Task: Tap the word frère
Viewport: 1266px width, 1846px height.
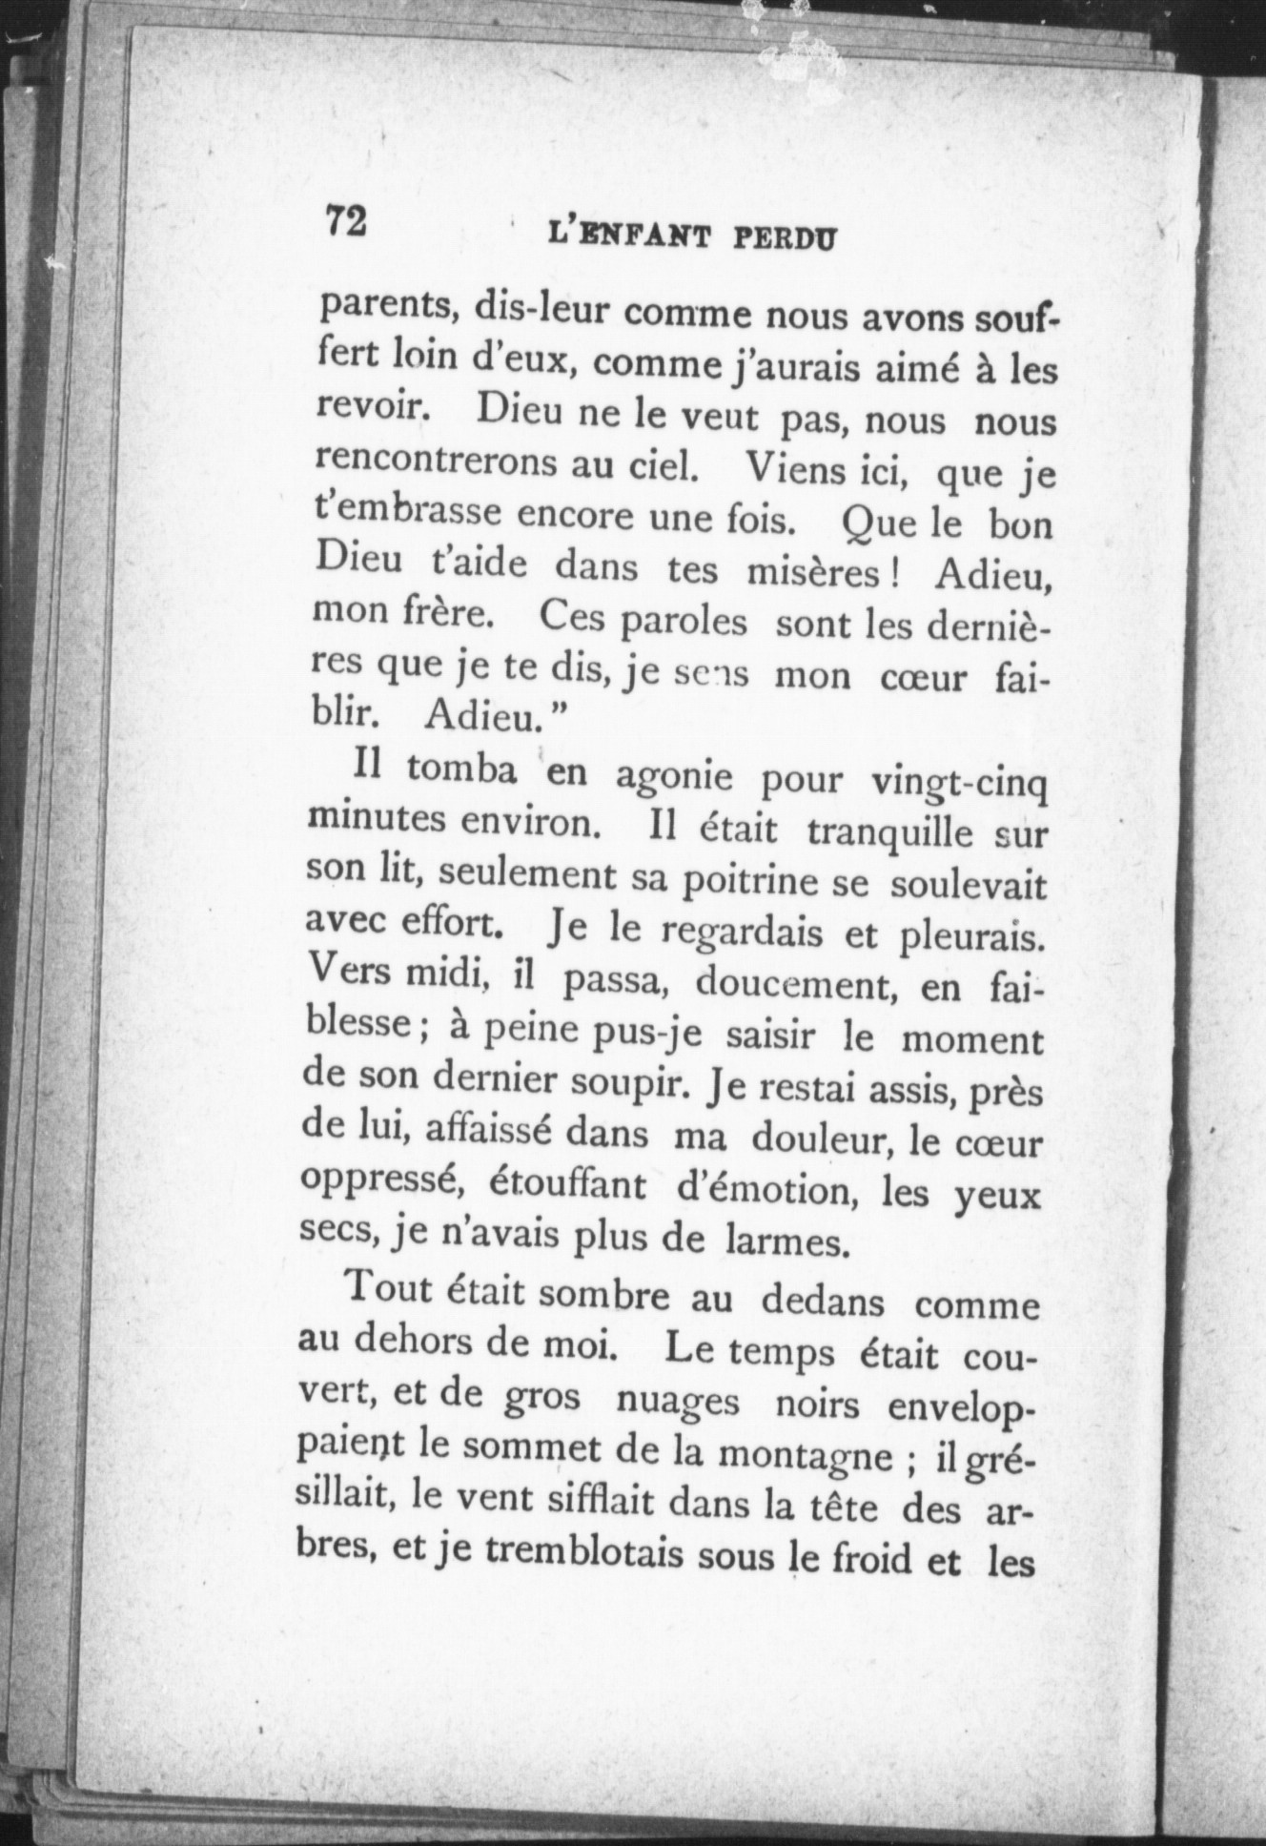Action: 445,612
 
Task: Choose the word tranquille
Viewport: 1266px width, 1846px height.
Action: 889,833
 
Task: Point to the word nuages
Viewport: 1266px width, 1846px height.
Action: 678,1401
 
